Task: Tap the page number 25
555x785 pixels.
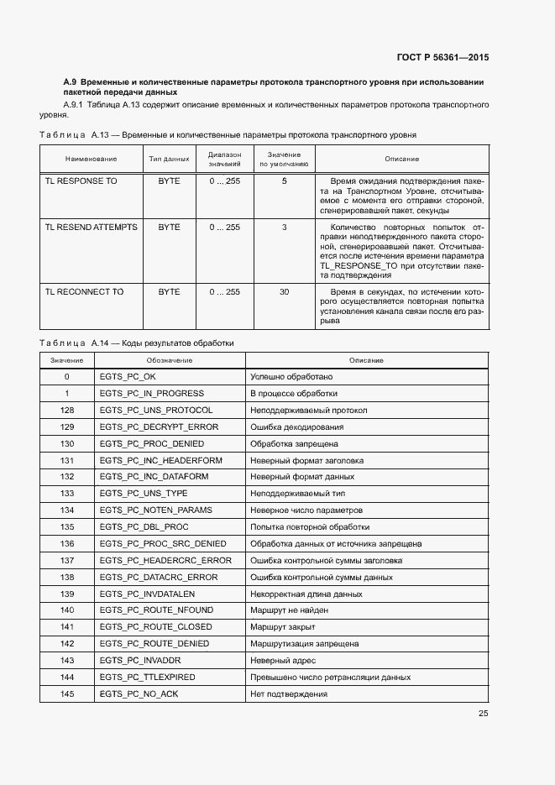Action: pos(483,714)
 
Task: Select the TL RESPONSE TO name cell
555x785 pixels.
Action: pos(81,181)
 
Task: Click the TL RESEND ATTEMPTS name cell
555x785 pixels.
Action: pos(91,228)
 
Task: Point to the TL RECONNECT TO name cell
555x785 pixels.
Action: pos(84,291)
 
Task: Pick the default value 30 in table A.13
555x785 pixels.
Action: pos(284,291)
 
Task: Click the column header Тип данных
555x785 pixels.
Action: pos(169,159)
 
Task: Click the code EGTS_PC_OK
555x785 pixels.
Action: pos(128,377)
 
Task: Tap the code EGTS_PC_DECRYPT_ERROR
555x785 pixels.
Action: pos(158,427)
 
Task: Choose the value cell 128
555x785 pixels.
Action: pos(67,410)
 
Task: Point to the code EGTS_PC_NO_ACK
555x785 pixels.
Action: pos(139,693)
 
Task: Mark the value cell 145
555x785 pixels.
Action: pos(67,693)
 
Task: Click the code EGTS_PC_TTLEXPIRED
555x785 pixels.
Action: pos(147,677)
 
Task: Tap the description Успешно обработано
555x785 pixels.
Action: pos(291,377)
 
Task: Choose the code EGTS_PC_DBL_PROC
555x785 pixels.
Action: pos(144,527)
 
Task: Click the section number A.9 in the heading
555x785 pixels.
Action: pos(71,81)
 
